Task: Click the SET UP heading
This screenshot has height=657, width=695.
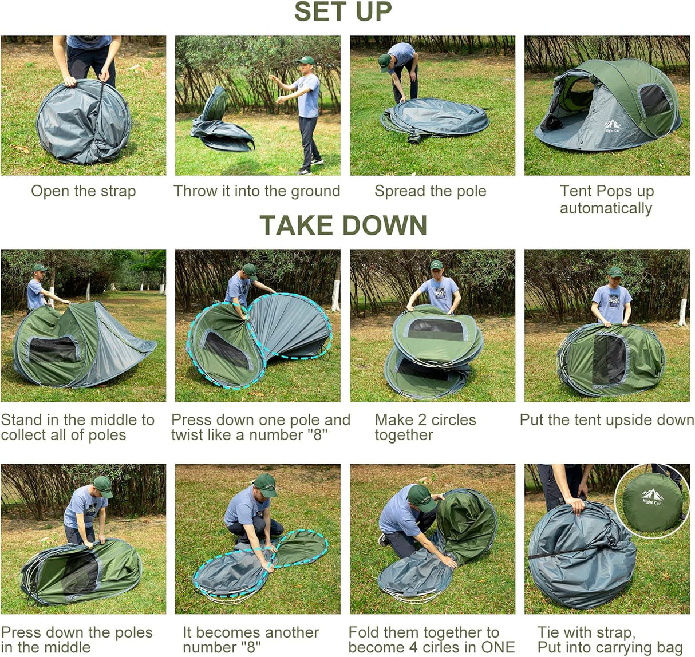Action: tap(342, 13)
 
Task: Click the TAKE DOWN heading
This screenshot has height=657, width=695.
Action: tap(343, 225)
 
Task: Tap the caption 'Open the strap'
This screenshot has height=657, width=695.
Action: tap(84, 191)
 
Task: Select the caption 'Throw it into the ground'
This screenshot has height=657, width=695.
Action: tap(257, 191)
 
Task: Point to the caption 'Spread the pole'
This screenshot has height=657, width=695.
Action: tap(431, 191)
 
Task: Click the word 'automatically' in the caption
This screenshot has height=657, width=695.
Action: tap(606, 208)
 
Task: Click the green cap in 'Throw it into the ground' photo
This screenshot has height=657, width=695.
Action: tap(307, 60)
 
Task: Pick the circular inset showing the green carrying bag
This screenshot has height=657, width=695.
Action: tap(652, 501)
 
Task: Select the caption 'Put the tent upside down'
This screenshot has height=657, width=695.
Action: tap(606, 419)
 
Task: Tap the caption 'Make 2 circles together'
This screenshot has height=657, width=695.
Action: tap(425, 427)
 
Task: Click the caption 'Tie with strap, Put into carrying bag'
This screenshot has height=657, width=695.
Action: tap(609, 640)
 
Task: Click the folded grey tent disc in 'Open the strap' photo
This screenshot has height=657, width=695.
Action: tap(84, 122)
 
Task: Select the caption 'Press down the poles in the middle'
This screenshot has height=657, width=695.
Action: tap(77, 640)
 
